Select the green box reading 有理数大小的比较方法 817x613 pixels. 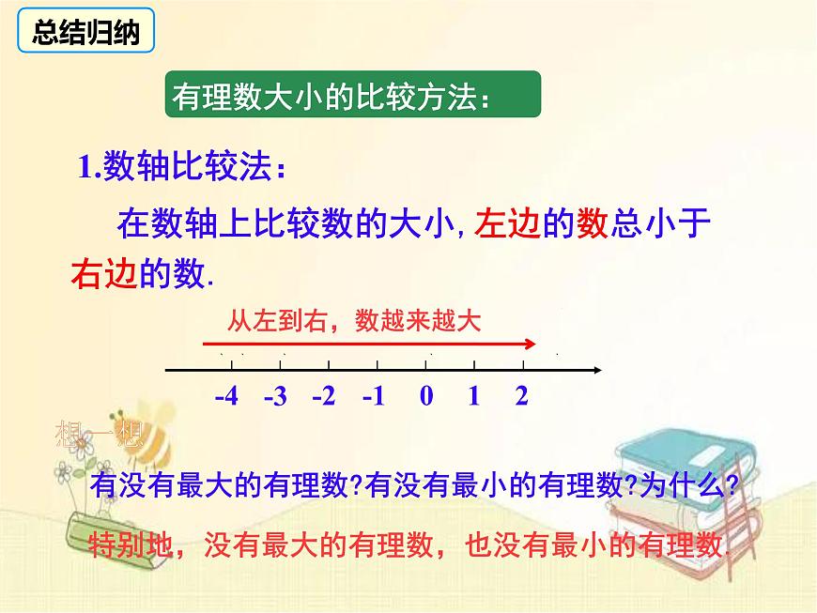coord(353,96)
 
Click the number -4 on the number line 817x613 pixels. coord(226,395)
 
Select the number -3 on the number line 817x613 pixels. coord(275,396)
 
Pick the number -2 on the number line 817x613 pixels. coord(324,395)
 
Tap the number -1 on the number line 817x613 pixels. coord(374,395)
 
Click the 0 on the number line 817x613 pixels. coord(426,395)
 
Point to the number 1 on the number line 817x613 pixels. coord(474,395)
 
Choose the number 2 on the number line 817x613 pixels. coord(522,395)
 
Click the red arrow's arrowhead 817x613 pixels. coord(532,344)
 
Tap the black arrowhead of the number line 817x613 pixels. coord(595,371)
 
